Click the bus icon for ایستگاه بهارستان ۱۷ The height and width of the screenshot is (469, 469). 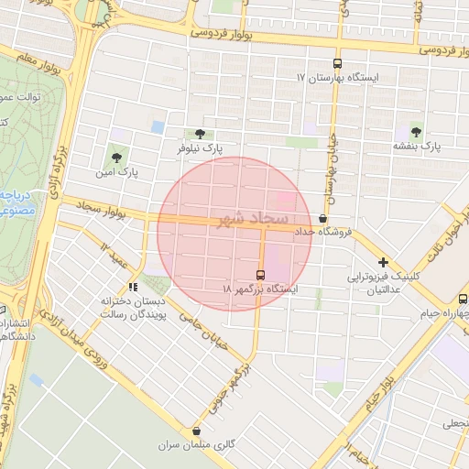338,64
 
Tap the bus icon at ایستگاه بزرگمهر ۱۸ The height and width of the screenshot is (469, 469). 261,275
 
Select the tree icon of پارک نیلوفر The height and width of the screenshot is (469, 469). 200,134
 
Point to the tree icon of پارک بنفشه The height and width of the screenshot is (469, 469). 418,132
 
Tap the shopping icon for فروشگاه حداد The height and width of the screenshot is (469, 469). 322,219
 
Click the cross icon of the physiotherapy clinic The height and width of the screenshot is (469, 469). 383,262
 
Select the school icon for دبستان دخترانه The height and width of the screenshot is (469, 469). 133,287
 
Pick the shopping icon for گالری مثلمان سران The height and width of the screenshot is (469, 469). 196,431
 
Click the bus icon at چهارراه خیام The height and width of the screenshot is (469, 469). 463,298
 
